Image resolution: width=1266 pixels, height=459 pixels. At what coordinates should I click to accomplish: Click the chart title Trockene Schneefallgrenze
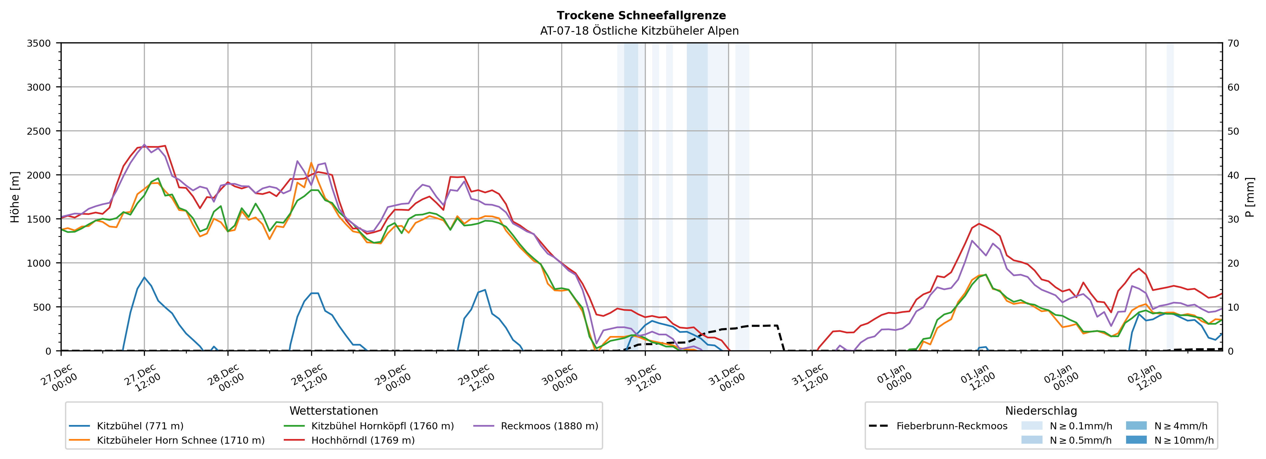point(641,16)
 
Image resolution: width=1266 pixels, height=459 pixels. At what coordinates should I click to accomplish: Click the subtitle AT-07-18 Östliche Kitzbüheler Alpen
point(639,31)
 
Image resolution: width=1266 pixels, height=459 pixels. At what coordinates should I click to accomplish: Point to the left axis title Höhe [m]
point(15,197)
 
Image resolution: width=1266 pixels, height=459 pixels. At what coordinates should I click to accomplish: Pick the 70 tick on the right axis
point(1233,43)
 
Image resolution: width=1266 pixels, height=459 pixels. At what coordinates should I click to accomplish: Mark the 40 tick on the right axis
point(1233,175)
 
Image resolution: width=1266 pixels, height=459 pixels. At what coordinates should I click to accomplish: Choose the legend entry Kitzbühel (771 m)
point(140,426)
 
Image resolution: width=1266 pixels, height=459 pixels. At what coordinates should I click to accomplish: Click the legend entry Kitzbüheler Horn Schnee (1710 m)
point(181,440)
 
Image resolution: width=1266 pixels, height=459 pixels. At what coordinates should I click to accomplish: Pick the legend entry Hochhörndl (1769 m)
point(363,440)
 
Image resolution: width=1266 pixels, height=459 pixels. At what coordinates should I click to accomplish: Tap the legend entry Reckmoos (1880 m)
point(549,426)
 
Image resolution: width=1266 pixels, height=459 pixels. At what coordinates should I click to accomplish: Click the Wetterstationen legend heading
point(334,411)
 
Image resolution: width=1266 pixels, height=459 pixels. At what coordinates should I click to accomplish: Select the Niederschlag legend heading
point(1041,411)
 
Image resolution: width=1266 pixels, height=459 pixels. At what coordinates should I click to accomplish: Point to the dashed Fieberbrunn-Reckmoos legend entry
point(952,426)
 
